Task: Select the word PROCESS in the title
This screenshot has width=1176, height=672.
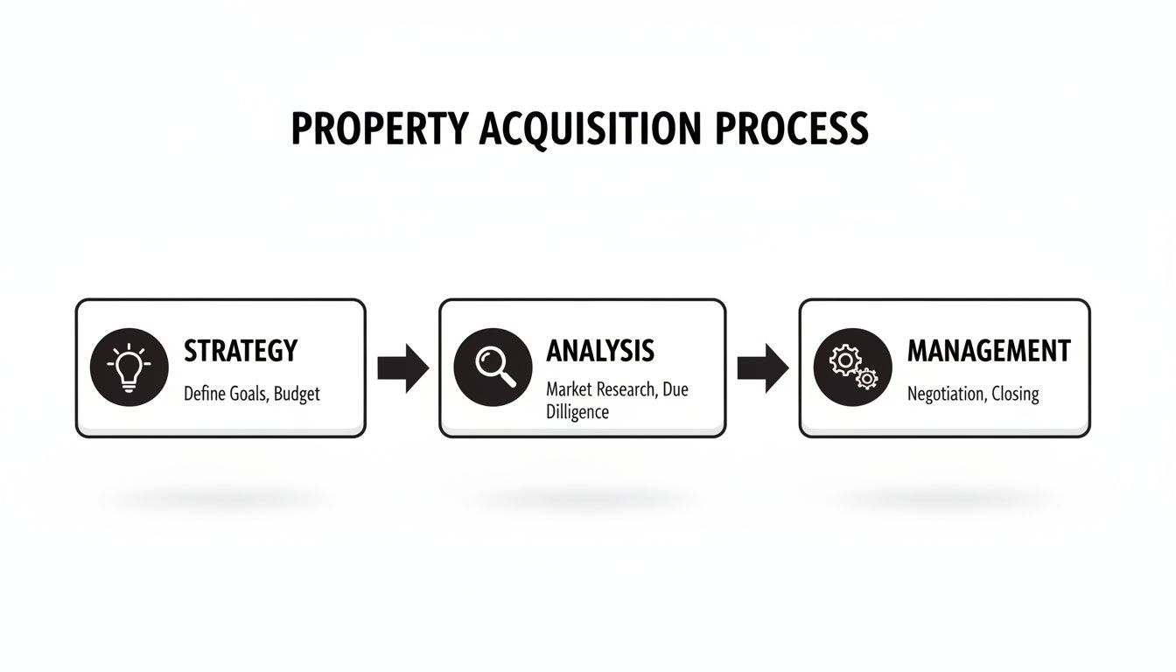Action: tap(791, 129)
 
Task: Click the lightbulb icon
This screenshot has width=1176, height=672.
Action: tap(129, 367)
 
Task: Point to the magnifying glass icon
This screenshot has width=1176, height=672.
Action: tap(493, 367)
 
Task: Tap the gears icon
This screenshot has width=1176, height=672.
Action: tap(853, 367)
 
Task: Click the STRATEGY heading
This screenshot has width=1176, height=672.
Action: tap(241, 351)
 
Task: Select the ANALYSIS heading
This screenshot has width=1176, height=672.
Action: tap(599, 351)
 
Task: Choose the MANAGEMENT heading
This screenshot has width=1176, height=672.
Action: tap(988, 351)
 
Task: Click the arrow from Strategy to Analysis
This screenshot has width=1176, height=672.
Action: tap(402, 367)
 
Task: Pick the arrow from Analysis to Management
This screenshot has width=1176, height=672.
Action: tap(762, 367)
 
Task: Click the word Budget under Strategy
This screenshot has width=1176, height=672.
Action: tap(297, 394)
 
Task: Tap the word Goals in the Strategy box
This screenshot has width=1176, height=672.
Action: tap(249, 394)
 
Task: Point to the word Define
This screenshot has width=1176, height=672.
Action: tap(205, 394)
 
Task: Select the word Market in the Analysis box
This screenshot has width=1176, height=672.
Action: tap(570, 389)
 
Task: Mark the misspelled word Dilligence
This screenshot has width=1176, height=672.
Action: tap(577, 411)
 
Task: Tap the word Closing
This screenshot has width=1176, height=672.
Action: tap(1015, 395)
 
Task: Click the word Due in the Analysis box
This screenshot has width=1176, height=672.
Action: tap(675, 389)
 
